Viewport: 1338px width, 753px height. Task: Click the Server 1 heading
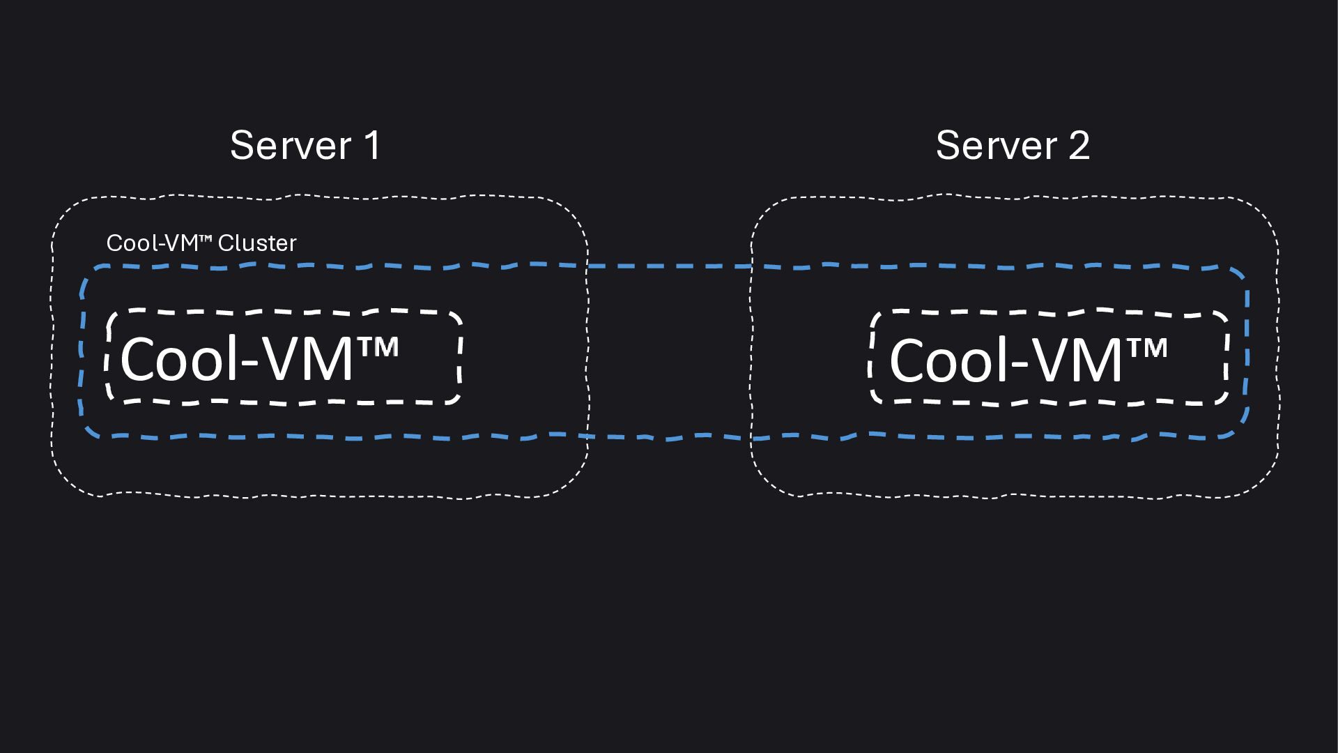click(305, 146)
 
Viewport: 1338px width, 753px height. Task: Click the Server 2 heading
click(1013, 146)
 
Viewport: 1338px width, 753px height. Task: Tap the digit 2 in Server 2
click(1079, 146)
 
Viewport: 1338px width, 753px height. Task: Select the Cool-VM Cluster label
click(201, 243)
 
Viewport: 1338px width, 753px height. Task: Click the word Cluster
click(257, 243)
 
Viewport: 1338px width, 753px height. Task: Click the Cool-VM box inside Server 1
click(284, 356)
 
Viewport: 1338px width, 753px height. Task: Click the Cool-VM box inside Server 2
click(1049, 356)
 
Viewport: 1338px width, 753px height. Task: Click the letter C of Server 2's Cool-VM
click(907, 360)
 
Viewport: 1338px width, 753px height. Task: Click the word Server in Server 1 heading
click(291, 146)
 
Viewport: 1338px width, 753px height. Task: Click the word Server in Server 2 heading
click(997, 146)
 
